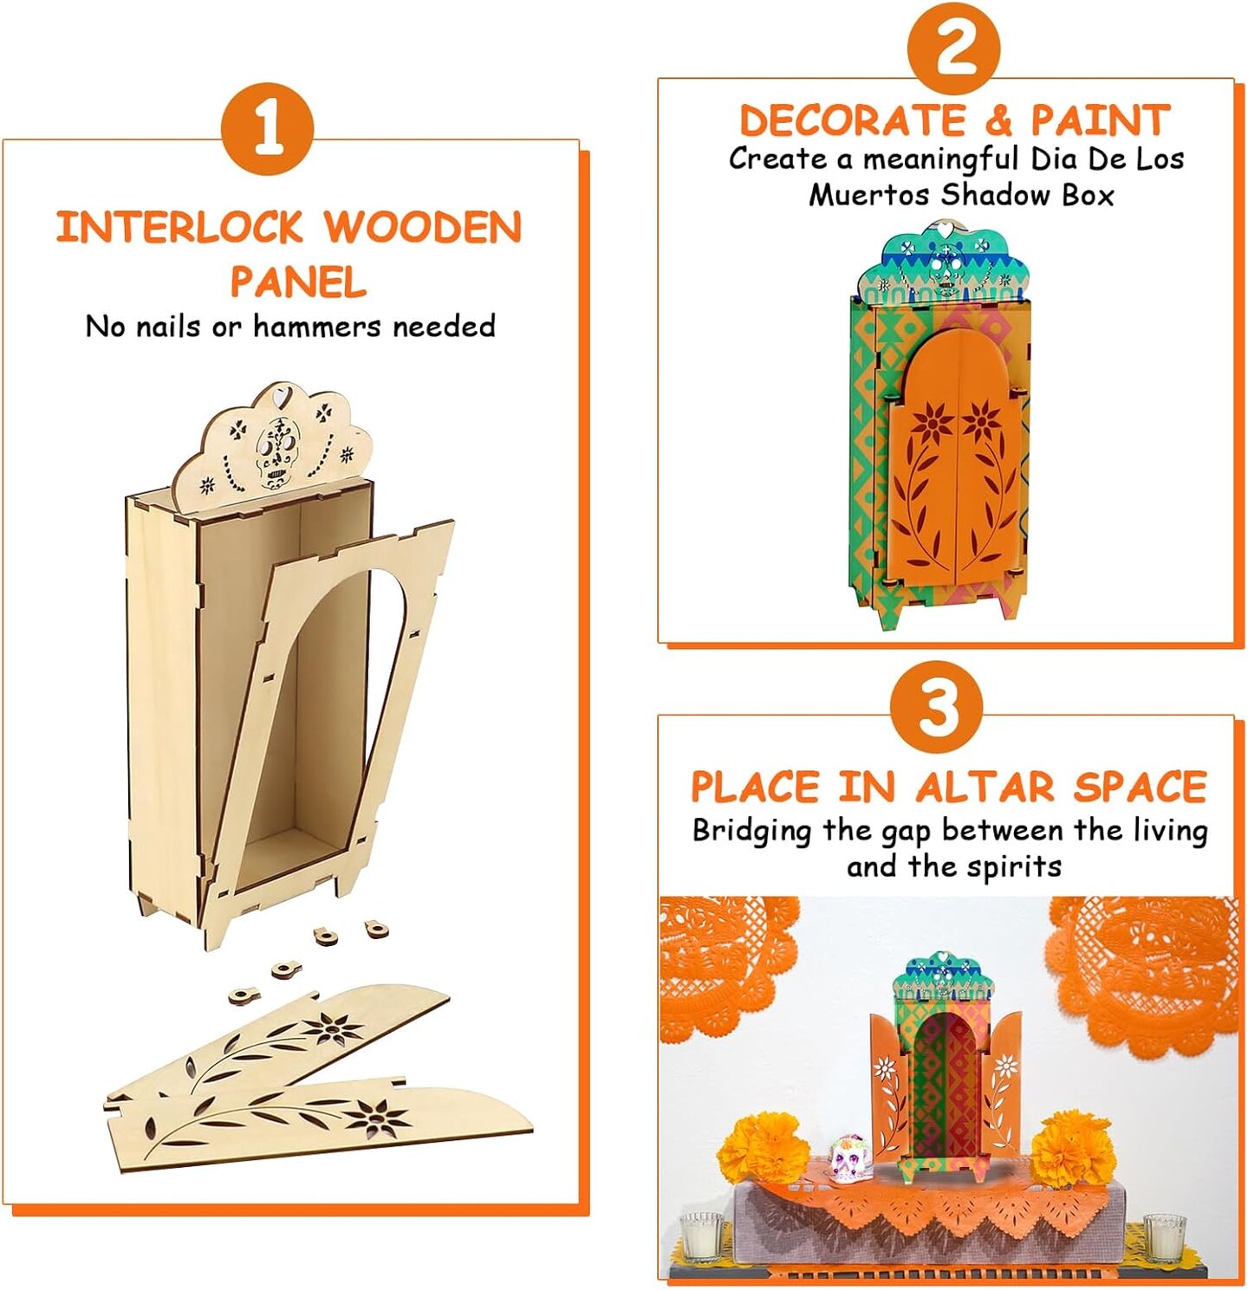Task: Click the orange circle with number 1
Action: (267, 128)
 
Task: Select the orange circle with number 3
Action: (936, 708)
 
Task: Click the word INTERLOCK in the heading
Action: (179, 227)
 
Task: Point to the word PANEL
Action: (298, 282)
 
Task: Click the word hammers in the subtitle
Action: (320, 326)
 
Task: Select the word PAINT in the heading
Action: (1100, 120)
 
